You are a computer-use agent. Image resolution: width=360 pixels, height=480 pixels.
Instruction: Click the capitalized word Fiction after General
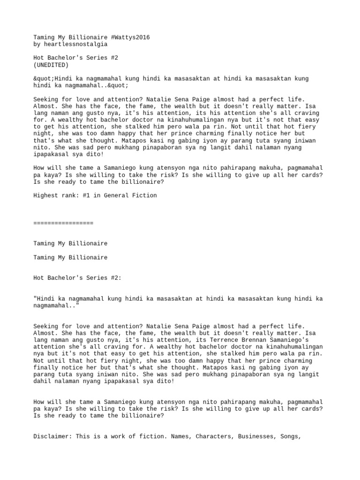145,195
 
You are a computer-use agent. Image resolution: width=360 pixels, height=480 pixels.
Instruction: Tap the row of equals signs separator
63,223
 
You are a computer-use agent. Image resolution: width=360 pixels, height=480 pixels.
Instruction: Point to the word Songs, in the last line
287,436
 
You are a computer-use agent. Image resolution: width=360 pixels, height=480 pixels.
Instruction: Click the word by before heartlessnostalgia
37,44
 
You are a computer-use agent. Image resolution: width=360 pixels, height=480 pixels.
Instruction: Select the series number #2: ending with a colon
115,278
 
